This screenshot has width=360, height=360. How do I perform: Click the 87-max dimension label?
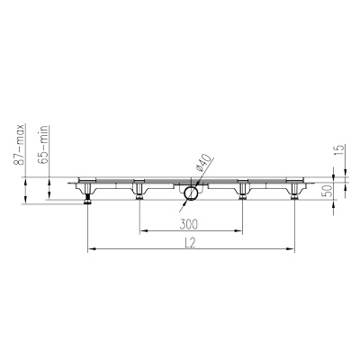(x=19, y=144)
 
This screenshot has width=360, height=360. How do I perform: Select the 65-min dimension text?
(x=43, y=145)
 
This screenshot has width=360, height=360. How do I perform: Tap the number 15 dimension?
(x=338, y=150)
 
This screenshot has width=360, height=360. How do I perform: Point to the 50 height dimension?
(x=328, y=191)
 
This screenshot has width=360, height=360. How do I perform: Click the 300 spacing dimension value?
(x=189, y=224)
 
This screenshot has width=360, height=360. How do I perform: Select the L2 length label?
(x=190, y=243)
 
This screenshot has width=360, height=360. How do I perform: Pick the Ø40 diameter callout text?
(x=204, y=163)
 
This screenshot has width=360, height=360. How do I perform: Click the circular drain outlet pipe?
(x=191, y=193)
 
